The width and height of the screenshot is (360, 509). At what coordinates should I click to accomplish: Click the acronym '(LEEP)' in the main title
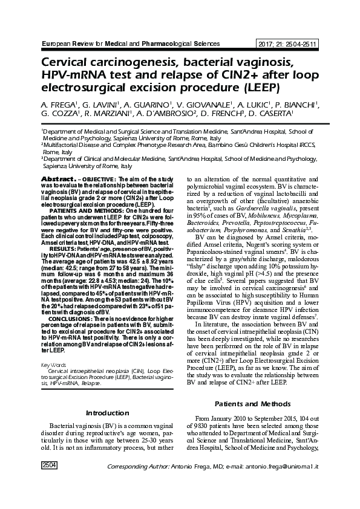(257, 89)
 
